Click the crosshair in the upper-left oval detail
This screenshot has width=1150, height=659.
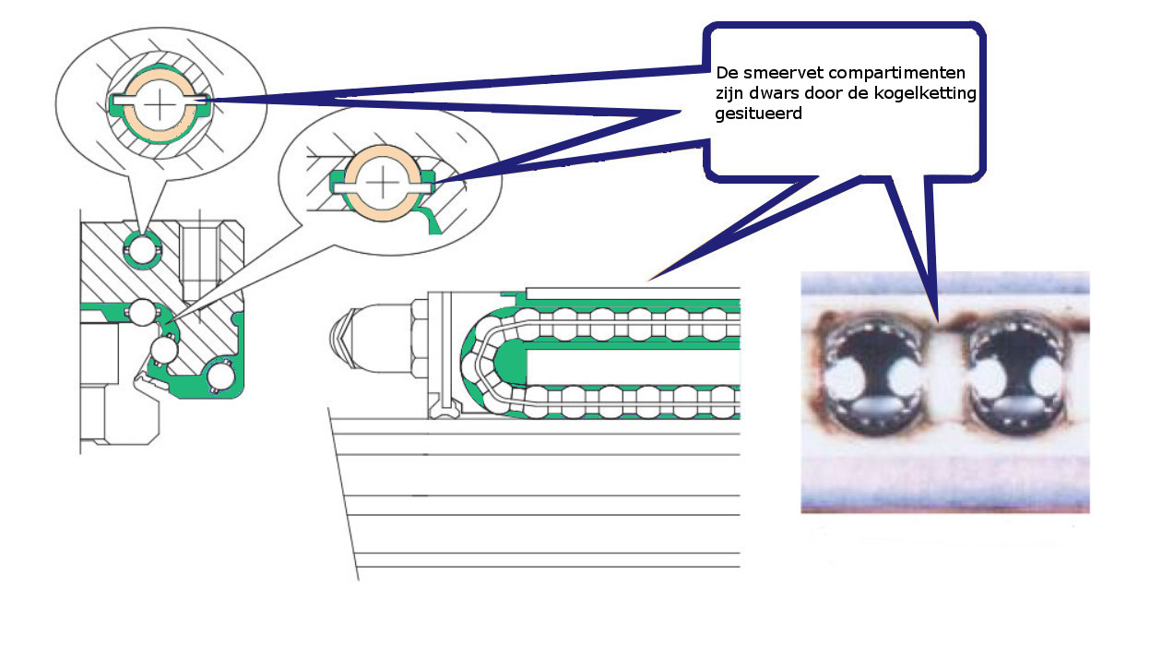(x=160, y=103)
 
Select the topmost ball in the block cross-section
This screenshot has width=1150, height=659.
(x=143, y=247)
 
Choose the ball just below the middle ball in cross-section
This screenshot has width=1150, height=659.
(x=164, y=351)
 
